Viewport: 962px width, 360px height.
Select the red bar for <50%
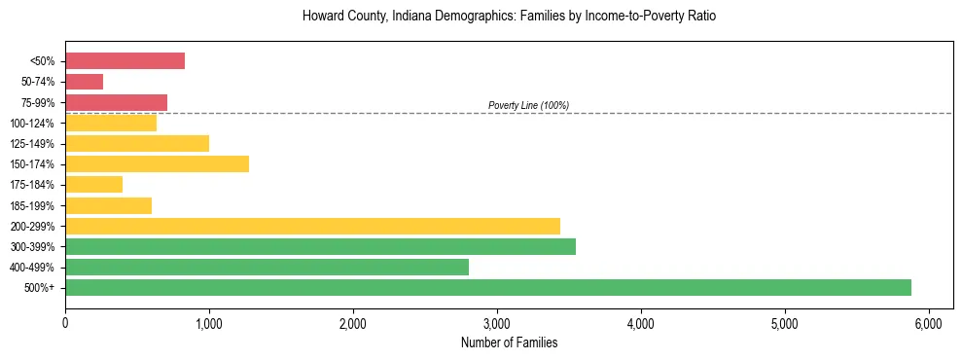[x=125, y=61]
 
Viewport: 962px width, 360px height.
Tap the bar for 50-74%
[x=84, y=82]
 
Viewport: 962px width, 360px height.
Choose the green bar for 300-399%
[x=320, y=246]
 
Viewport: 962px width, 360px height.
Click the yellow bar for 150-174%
[x=157, y=163]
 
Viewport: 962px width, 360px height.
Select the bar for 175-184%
[x=93, y=184]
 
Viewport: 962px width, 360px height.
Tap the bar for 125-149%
[x=137, y=143]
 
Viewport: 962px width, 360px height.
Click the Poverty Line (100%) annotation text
[x=528, y=105]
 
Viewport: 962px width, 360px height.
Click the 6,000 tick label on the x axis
[x=928, y=322]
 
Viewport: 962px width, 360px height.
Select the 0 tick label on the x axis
[x=65, y=322]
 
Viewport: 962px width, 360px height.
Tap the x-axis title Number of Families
[x=509, y=342]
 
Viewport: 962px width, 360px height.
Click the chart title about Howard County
[x=509, y=17]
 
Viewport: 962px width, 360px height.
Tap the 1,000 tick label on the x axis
[x=209, y=322]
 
